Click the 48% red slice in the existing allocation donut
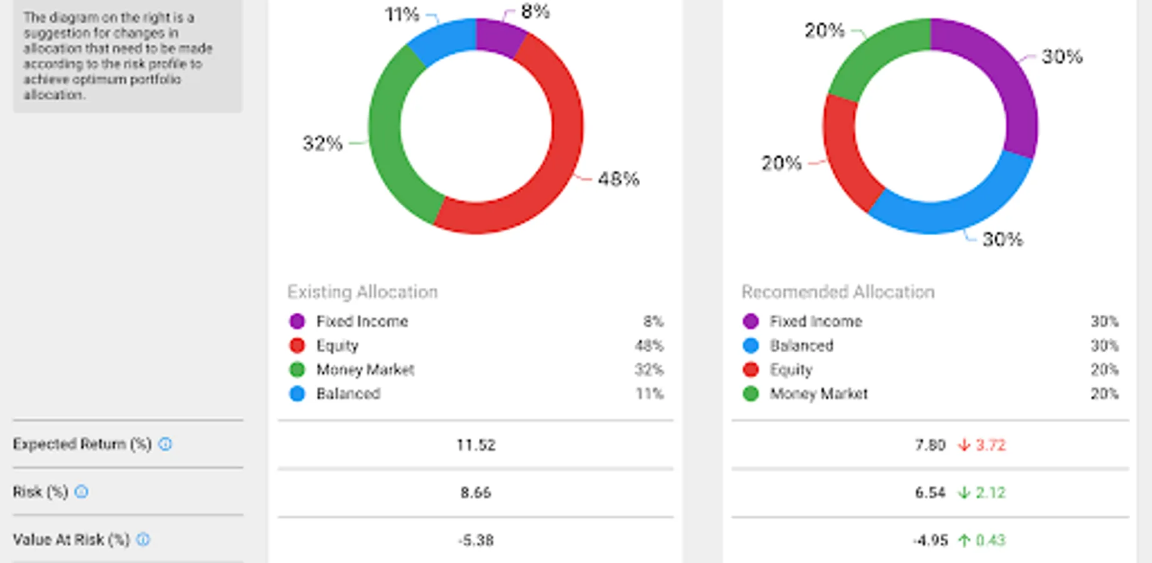[x=550, y=156]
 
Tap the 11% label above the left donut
[x=401, y=14]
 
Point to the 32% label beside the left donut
[x=323, y=143]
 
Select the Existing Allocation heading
[x=363, y=292]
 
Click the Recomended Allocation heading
[x=838, y=292]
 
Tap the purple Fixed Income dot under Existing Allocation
[x=297, y=322]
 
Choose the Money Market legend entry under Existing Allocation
[x=365, y=370]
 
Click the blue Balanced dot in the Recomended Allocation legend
[x=751, y=346]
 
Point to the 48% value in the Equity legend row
[x=649, y=346]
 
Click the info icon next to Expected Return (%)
[x=165, y=444]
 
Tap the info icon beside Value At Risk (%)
[x=143, y=539]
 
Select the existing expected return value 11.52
[x=476, y=445]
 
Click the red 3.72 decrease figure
[x=991, y=445]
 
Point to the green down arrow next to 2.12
[x=964, y=493]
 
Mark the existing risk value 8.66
[x=476, y=493]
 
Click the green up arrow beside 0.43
[x=964, y=540]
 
